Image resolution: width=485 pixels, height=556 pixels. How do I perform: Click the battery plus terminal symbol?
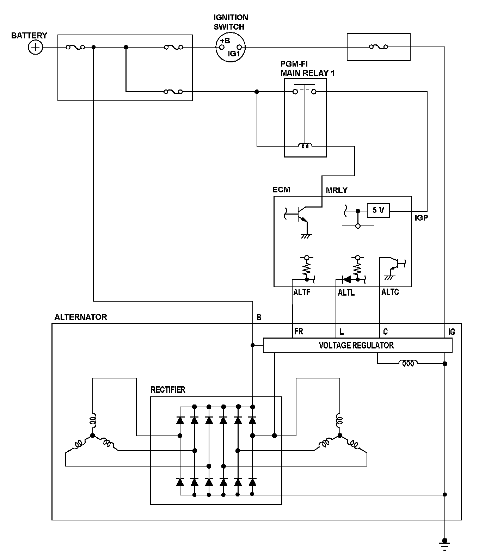35,47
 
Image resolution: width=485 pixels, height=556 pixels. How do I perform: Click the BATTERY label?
29,35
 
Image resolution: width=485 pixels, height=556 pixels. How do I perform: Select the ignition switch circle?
230,47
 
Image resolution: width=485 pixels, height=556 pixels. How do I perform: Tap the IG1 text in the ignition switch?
234,54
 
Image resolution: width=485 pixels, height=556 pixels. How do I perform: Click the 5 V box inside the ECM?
378,210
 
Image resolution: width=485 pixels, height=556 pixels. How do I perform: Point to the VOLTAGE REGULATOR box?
357,345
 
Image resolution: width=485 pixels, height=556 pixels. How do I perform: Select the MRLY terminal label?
337,190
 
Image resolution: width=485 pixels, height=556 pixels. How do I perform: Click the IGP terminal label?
421,218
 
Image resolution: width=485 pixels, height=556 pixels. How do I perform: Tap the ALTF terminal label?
302,292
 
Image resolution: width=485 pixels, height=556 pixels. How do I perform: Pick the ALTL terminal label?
346,292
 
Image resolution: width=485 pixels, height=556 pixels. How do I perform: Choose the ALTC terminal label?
390,292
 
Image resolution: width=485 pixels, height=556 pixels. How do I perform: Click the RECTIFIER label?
168,390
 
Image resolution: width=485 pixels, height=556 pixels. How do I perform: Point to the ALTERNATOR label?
81,317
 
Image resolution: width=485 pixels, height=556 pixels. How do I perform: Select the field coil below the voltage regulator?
408,363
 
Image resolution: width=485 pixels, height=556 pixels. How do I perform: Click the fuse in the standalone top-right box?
379,47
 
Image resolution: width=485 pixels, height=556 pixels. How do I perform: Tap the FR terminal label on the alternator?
299,331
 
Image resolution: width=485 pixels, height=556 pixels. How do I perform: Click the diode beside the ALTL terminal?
346,280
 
